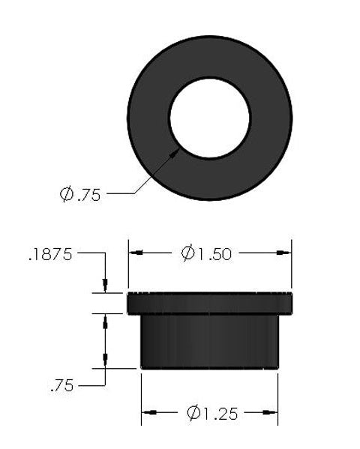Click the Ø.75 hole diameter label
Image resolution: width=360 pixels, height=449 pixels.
click(x=79, y=195)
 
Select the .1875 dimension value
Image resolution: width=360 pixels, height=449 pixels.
click(x=50, y=254)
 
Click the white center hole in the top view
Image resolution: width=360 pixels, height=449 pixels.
click(x=209, y=118)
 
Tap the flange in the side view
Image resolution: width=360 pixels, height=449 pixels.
click(x=209, y=303)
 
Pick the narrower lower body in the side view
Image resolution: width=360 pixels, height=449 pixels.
click(x=209, y=341)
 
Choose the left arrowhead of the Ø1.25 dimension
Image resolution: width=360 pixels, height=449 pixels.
click(x=147, y=413)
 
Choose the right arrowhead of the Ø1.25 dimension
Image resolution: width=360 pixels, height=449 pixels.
click(x=272, y=413)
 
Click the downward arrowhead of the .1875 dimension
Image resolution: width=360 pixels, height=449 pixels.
click(x=106, y=286)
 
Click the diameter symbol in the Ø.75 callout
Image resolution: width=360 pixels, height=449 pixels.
click(x=67, y=195)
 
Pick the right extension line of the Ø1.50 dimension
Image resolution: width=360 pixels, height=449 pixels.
click(x=291, y=266)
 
